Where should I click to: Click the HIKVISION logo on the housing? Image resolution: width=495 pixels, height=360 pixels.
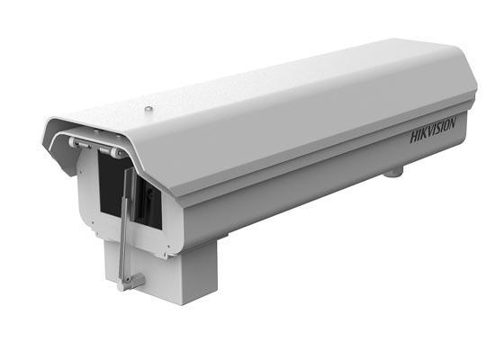tap(433, 130)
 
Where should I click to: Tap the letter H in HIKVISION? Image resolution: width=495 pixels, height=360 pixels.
tap(415, 137)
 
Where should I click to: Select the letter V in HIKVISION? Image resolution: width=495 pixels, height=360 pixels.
tap(432, 130)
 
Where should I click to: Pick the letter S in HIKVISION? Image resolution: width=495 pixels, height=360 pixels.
tap(440, 128)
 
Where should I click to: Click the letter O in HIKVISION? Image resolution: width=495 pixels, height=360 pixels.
tap(447, 125)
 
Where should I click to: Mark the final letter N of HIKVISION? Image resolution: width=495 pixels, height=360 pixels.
tap(453, 122)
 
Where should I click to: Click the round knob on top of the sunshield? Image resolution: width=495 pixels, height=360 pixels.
tap(148, 109)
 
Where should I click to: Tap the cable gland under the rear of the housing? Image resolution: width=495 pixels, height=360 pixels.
tap(393, 172)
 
